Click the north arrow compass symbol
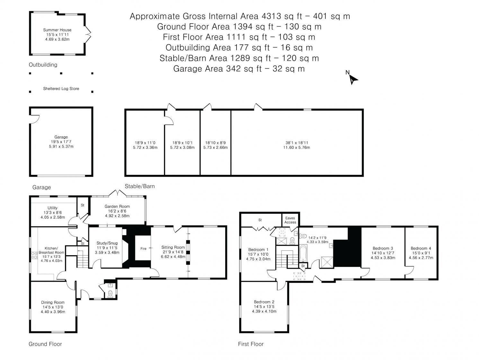[353, 79]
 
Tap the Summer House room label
[57, 30]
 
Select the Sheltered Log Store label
[61, 89]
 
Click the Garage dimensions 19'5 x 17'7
[61, 142]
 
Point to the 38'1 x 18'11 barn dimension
[297, 143]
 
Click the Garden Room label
[117, 206]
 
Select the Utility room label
[52, 208]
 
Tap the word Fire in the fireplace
[143, 248]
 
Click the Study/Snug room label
[107, 243]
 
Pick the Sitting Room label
[173, 247]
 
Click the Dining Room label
[53, 302]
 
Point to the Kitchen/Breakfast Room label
[51, 250]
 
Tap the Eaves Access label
[290, 220]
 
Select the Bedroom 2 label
[264, 302]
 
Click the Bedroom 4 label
[421, 248]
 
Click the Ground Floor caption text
[45, 344]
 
